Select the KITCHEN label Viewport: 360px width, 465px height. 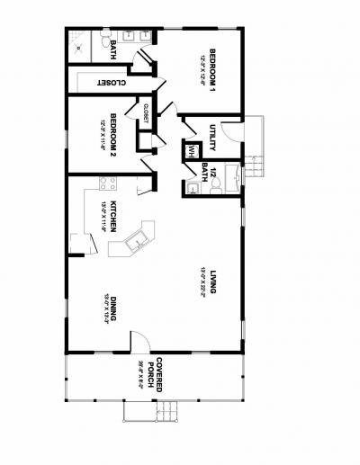coord(114,217)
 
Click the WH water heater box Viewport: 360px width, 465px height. coord(192,151)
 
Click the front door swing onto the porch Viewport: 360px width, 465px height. coord(140,341)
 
